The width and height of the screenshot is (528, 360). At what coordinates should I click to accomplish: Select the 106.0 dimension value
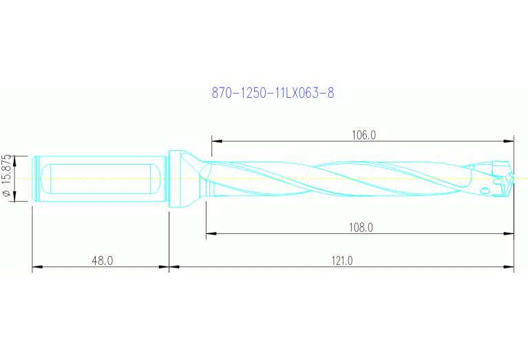coord(363,135)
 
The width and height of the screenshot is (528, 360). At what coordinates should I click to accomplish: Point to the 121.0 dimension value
coord(341,260)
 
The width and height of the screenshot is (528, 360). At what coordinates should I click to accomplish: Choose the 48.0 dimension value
coord(101,260)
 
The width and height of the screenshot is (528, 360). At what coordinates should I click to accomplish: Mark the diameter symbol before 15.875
coord(8,195)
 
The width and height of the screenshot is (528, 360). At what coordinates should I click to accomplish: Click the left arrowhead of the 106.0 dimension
coord(215,141)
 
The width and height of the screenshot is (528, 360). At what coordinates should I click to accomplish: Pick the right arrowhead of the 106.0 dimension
coord(509,141)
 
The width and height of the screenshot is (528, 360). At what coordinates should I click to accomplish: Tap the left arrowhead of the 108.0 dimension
coord(210,234)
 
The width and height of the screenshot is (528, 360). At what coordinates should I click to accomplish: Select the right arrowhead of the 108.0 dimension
coord(509,234)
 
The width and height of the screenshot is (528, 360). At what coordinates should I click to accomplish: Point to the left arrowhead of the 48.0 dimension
coord(37,267)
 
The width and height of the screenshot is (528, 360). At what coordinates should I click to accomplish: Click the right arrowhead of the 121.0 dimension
coord(509,267)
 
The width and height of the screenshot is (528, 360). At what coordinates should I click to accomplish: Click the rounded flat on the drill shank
coord(101,178)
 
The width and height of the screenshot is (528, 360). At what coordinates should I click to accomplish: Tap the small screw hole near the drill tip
coord(485,191)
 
